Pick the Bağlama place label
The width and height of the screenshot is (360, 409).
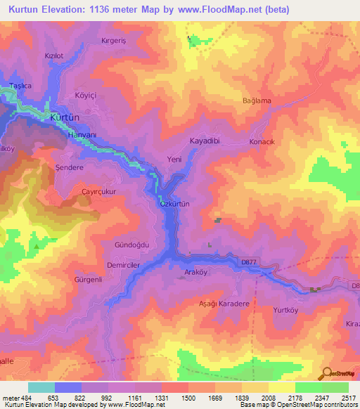pos(257,101)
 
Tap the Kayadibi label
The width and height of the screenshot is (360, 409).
pos(205,141)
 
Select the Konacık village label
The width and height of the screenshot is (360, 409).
pos(262,142)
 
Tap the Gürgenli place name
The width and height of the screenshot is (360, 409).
pos(89,280)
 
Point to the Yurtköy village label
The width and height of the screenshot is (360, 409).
pos(289,309)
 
